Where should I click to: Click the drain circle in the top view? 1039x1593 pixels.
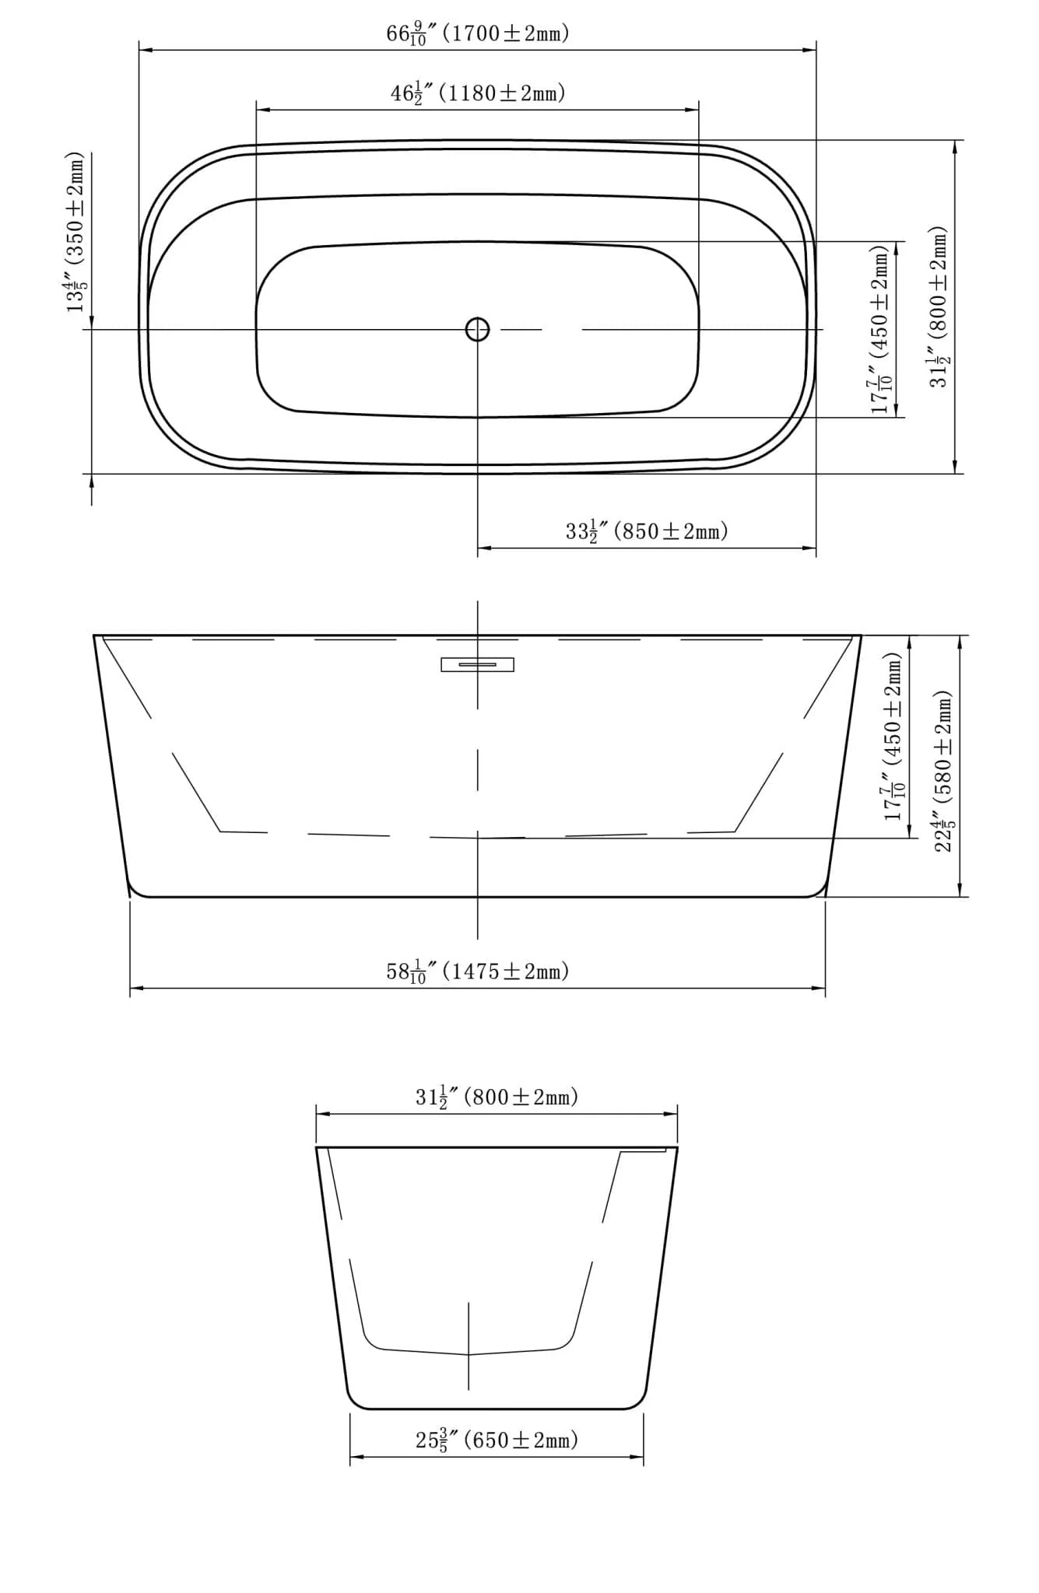(x=477, y=330)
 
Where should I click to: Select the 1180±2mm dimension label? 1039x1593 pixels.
(x=478, y=93)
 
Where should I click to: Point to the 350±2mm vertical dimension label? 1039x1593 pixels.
(x=75, y=232)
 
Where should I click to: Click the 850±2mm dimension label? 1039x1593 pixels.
(x=647, y=532)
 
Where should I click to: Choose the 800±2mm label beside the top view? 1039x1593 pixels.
(x=939, y=306)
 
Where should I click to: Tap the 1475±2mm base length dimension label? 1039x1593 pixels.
(x=478, y=972)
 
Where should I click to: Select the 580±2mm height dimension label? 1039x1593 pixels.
(x=942, y=771)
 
